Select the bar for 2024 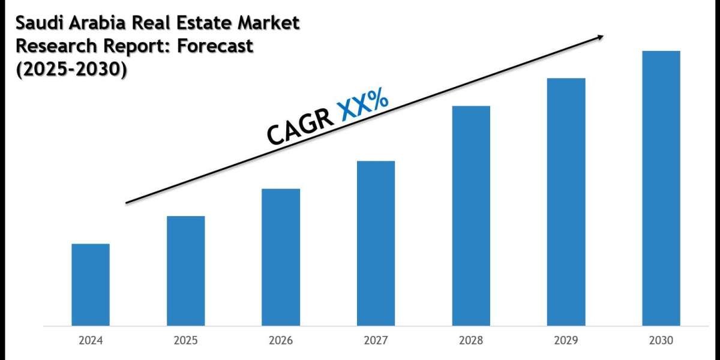click(91, 284)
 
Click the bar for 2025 click(185, 271)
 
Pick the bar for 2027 click(376, 243)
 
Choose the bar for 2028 click(471, 215)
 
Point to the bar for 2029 click(566, 202)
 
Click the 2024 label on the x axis click(91, 340)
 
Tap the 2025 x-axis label click(185, 340)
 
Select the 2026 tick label click(281, 340)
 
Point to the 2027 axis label click(376, 340)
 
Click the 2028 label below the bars click(471, 340)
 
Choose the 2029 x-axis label click(566, 340)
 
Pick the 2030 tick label click(661, 340)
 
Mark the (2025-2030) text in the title click(71, 70)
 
